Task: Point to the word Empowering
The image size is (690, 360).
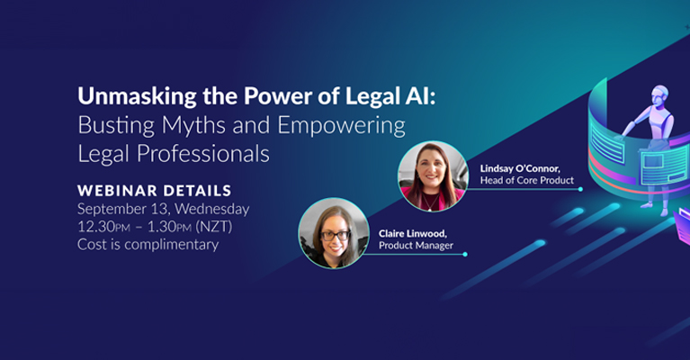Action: click(x=342, y=126)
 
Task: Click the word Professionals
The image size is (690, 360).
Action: click(x=203, y=154)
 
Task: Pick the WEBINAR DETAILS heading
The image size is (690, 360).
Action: click(x=155, y=191)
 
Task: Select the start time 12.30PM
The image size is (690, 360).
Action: click(x=103, y=227)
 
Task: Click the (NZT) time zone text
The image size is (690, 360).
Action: click(x=214, y=227)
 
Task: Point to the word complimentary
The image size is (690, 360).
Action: click(x=171, y=245)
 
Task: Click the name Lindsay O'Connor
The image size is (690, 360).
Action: click(x=520, y=168)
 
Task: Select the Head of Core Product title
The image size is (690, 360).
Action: click(x=527, y=180)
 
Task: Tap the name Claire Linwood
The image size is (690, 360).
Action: click(x=413, y=234)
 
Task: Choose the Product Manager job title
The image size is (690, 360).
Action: click(x=416, y=246)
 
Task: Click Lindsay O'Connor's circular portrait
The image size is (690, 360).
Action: click(x=433, y=176)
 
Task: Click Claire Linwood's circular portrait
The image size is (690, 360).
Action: click(x=334, y=233)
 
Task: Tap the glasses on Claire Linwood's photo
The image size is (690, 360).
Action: click(x=336, y=236)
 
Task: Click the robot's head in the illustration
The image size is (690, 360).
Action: click(x=659, y=94)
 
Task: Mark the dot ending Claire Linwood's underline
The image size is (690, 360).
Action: click(x=465, y=254)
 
